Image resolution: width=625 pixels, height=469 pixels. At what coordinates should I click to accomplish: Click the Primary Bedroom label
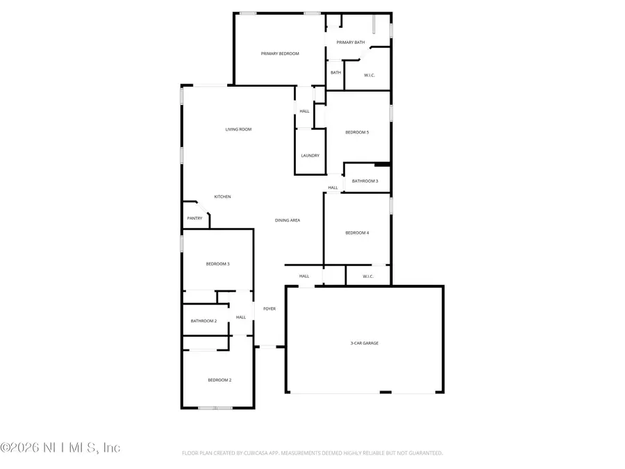tap(280, 54)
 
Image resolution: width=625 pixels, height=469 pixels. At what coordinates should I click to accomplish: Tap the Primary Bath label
tap(351, 42)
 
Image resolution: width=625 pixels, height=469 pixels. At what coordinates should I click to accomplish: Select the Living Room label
tap(238, 129)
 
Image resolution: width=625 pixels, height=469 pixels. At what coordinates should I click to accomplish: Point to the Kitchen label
tap(222, 197)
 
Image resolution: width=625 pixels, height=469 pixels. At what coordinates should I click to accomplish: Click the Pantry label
tap(194, 218)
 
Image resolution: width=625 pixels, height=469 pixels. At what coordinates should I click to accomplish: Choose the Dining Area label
tap(287, 220)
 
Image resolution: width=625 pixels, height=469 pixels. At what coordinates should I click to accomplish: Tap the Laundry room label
tap(310, 156)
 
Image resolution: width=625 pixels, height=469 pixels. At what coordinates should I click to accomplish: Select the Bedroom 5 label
tap(357, 132)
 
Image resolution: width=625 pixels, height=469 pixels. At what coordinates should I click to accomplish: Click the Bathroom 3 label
tap(365, 181)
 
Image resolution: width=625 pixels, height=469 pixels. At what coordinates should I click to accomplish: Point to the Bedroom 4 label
tap(357, 233)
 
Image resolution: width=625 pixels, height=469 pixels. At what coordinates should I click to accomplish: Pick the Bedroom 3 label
tap(217, 264)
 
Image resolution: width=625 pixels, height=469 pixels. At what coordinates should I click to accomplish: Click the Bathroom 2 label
tap(204, 321)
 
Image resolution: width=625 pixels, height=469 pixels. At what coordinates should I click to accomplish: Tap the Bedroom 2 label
tap(219, 380)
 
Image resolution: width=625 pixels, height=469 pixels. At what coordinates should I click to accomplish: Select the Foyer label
tap(269, 308)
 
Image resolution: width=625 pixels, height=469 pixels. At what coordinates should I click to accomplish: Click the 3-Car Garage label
tap(364, 343)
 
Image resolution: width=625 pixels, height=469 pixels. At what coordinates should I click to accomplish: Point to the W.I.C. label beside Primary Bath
tap(369, 75)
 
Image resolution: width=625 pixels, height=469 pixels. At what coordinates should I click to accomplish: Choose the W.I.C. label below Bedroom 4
tap(368, 277)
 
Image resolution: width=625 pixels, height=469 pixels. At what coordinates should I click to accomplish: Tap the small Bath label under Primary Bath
tap(335, 72)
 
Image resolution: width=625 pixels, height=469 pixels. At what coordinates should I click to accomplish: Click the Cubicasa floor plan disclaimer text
tap(312, 453)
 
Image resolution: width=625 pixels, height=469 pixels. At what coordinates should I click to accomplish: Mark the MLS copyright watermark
tap(60, 447)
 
